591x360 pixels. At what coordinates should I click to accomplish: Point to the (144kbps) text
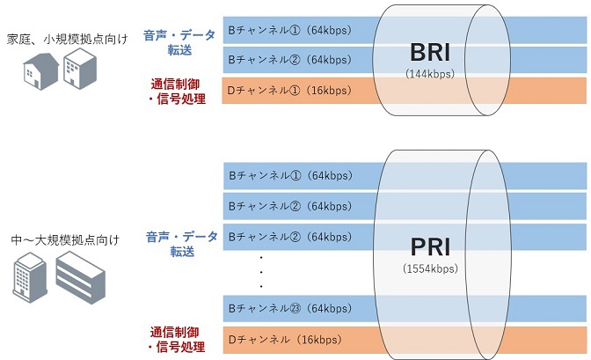click(428, 74)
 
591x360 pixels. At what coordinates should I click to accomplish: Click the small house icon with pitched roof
click(39, 70)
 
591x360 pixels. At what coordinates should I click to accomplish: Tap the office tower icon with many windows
click(27, 275)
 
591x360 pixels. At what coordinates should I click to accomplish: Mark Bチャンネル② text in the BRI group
click(278, 60)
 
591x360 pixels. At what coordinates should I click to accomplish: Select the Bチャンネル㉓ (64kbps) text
click(278, 308)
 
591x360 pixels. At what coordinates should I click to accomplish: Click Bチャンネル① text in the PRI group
click(278, 175)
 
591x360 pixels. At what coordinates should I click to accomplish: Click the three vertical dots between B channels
click(260, 272)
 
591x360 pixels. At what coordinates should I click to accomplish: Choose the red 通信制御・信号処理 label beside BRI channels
click(179, 92)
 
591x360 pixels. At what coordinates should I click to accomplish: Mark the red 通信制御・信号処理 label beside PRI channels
click(179, 340)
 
